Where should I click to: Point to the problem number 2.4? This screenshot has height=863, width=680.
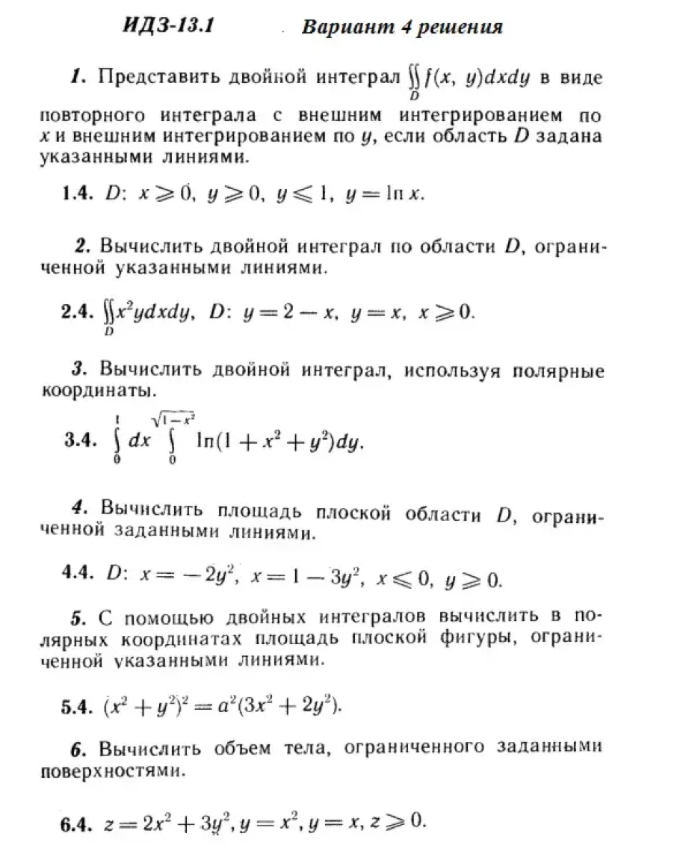(x=77, y=312)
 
